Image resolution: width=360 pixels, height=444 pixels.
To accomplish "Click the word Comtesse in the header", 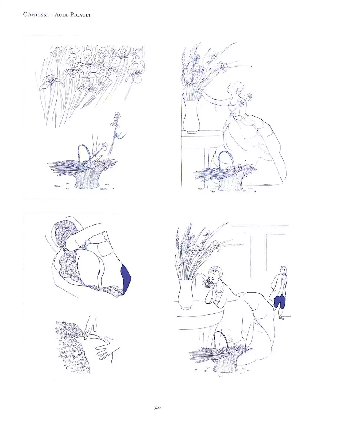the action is pos(36,15).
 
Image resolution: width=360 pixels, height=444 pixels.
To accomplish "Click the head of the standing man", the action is pos(283,270).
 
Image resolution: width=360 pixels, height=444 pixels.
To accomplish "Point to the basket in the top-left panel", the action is pos(83,171).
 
